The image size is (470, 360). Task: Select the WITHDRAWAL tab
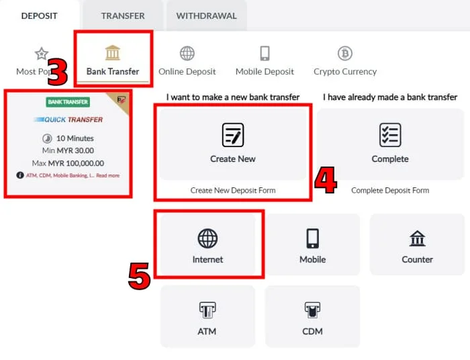(x=207, y=15)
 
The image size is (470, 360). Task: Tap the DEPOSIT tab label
(x=39, y=15)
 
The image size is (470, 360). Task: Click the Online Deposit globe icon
(x=187, y=54)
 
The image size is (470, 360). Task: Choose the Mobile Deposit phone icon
(x=265, y=54)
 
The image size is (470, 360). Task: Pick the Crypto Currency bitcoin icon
(x=345, y=54)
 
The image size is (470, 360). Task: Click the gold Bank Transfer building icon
(x=113, y=53)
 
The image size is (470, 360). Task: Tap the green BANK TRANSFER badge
(x=68, y=102)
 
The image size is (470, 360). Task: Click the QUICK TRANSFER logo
(x=68, y=120)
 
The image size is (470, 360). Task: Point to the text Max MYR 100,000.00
(x=68, y=163)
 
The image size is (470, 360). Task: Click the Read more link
(x=107, y=176)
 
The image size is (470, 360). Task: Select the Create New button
(x=232, y=144)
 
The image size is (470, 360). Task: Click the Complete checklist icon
(x=390, y=135)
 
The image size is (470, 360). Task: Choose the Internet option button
(x=207, y=245)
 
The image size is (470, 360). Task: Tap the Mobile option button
(x=312, y=245)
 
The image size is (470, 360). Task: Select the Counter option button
(x=417, y=245)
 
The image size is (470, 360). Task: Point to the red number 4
(x=326, y=180)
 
